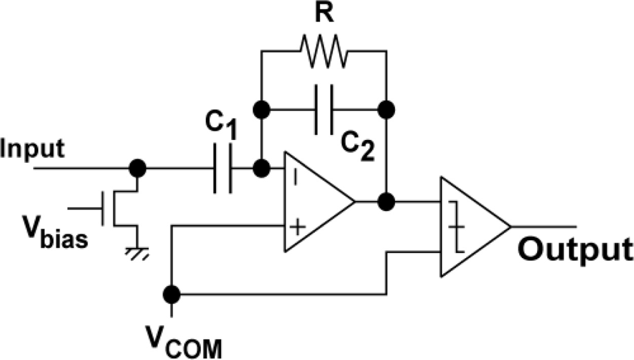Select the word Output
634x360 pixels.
click(x=574, y=250)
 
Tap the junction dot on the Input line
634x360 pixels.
click(x=136, y=169)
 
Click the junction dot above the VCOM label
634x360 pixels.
click(x=171, y=294)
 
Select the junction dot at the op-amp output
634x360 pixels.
click(x=386, y=202)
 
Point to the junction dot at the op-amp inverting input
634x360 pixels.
click(x=261, y=169)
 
